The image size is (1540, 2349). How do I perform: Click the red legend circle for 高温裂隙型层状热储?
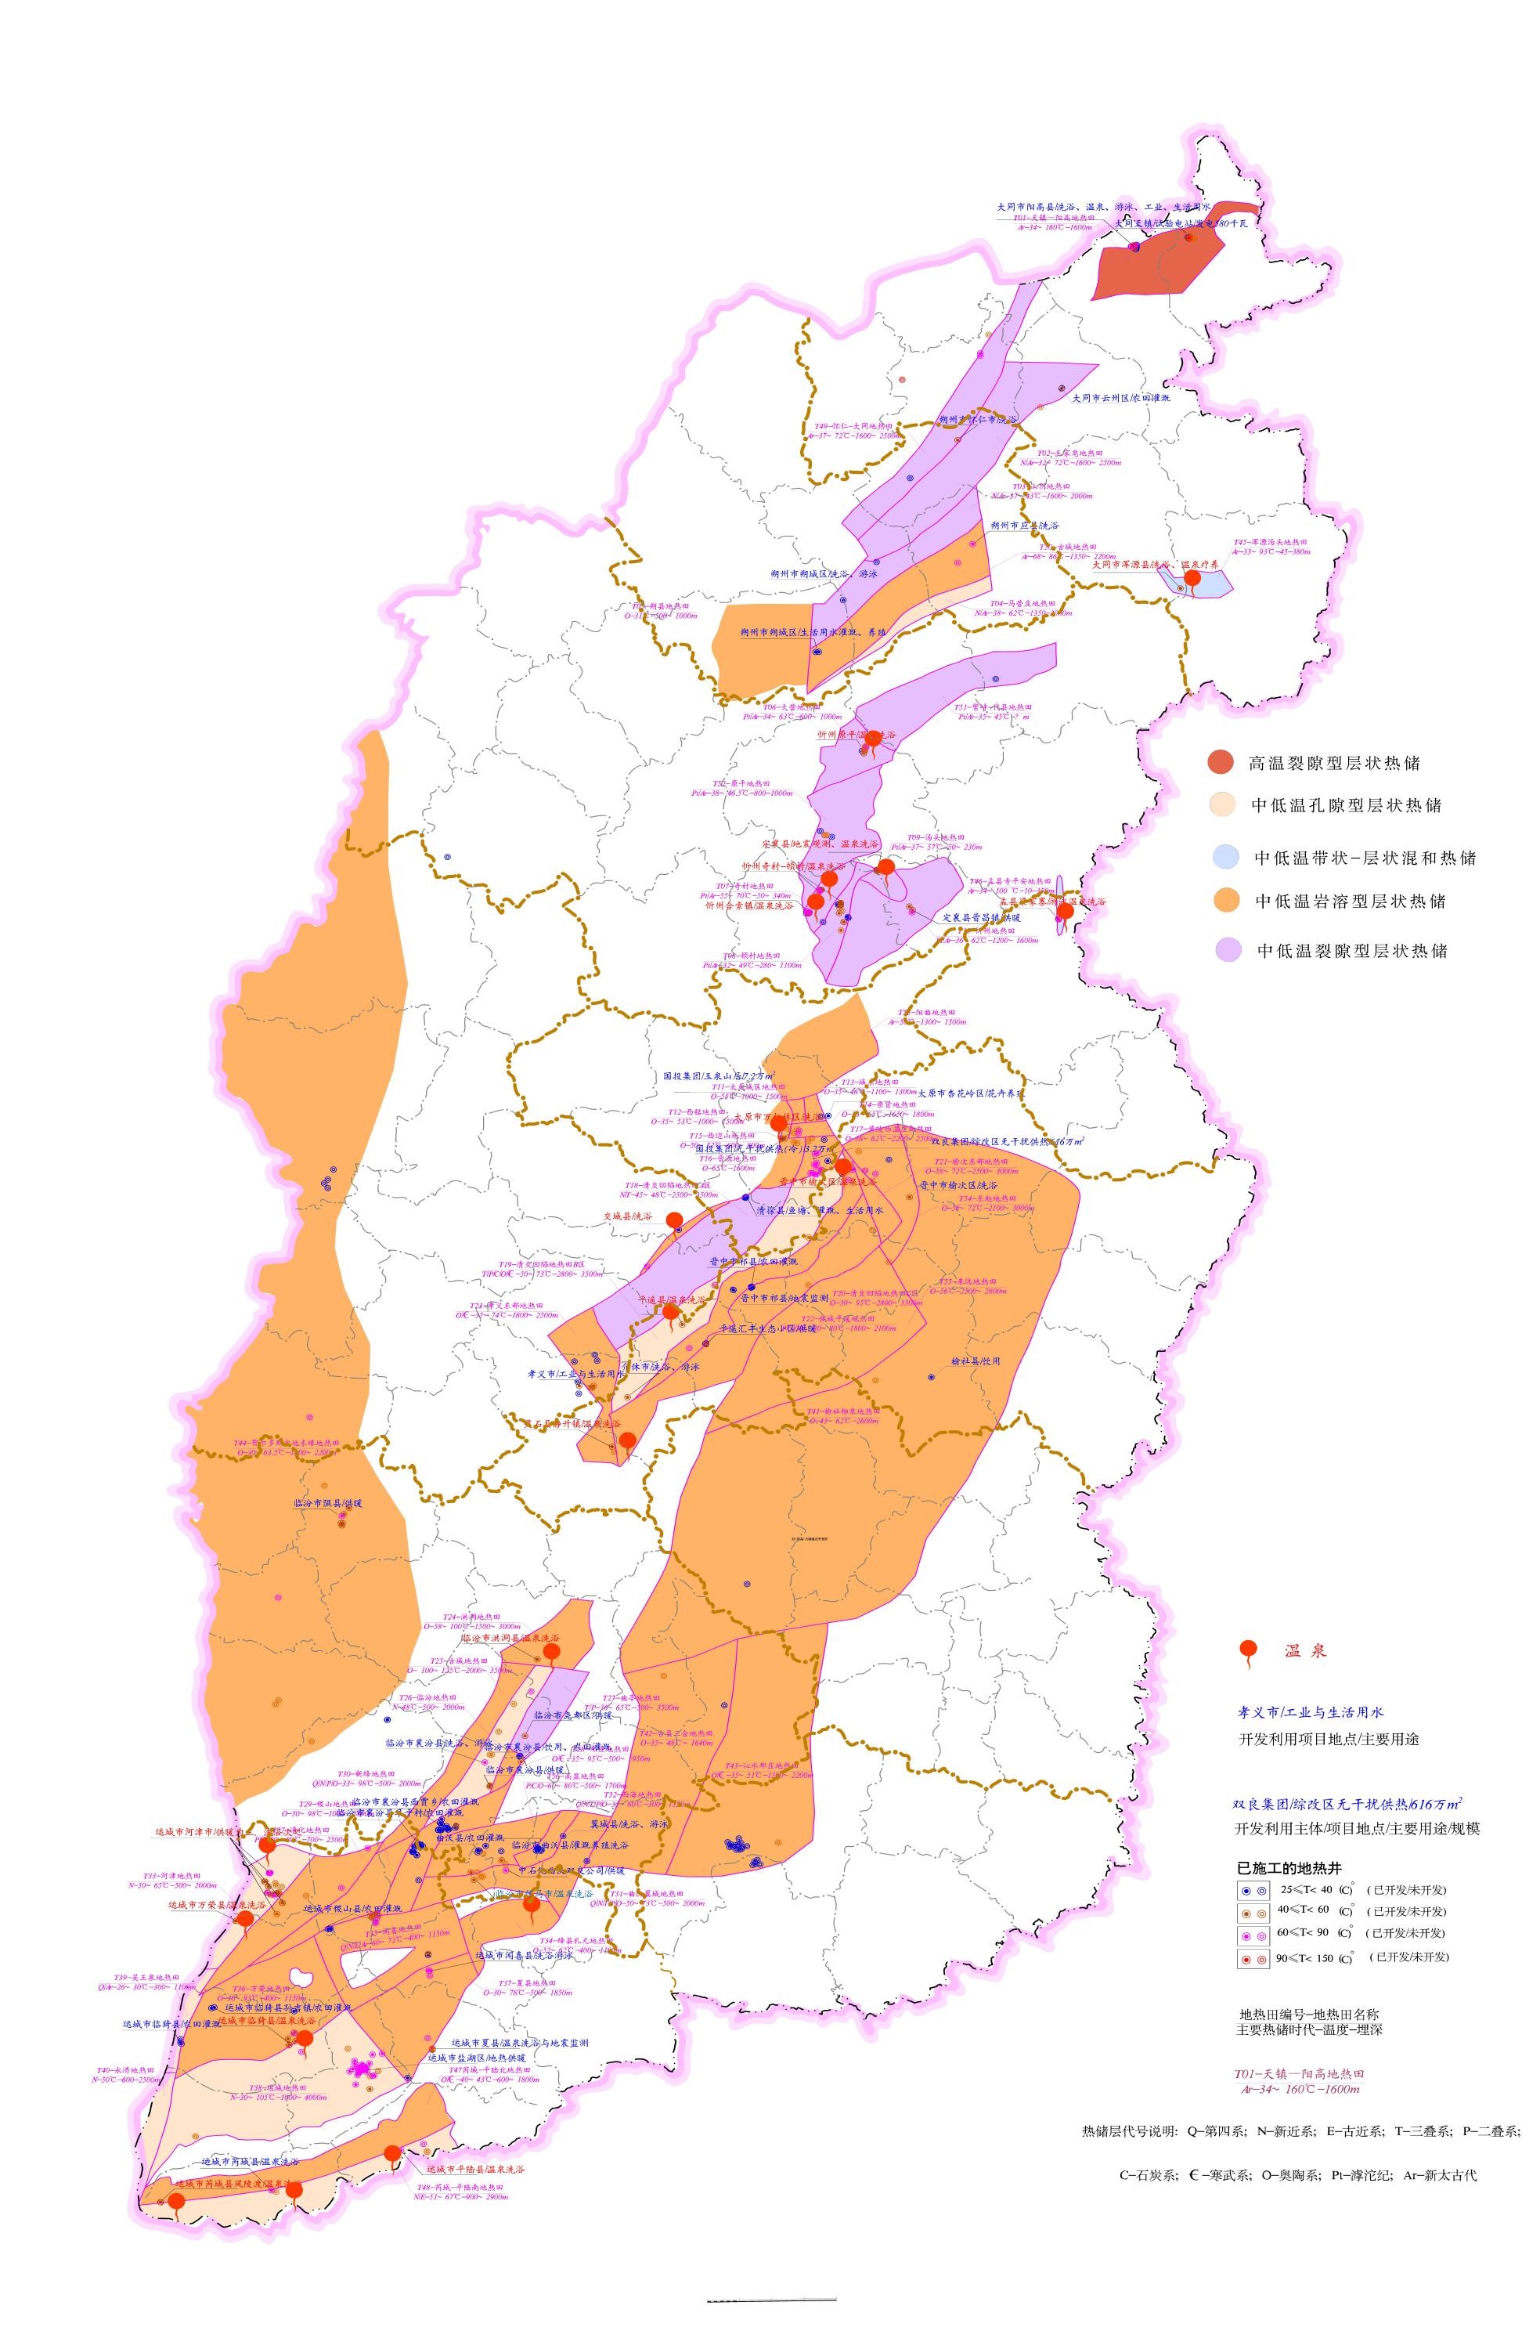[x=1221, y=761]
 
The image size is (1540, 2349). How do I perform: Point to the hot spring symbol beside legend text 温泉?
[x=1248, y=1650]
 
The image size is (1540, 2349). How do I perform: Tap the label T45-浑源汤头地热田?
[x=1268, y=542]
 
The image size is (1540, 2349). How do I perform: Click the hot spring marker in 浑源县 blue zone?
[x=1192, y=580]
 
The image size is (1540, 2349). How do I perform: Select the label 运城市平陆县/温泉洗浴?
[x=474, y=2170]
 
